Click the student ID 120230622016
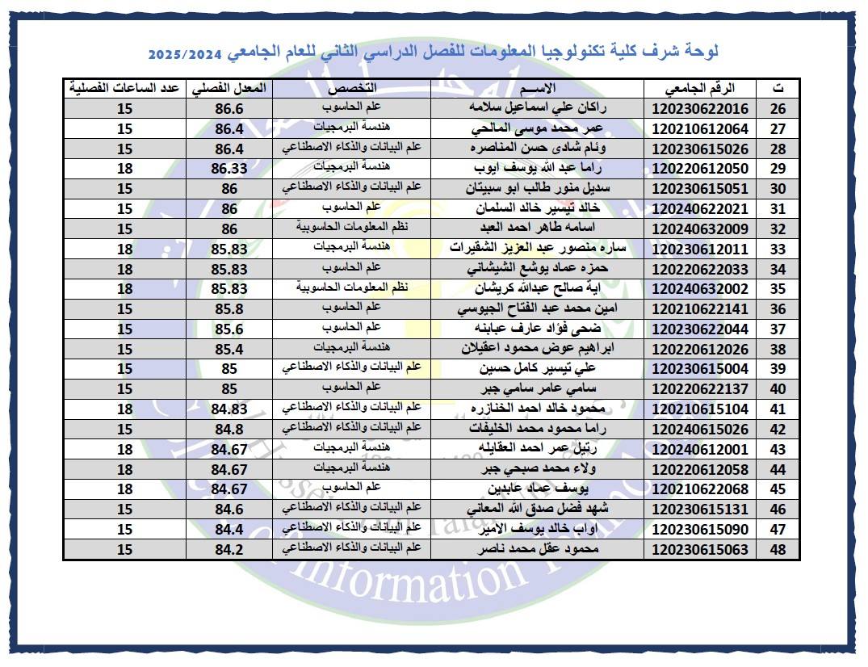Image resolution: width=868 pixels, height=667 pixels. tap(700, 109)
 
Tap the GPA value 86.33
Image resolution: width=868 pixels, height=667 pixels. tap(229, 168)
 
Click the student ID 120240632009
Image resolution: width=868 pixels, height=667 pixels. tap(700, 229)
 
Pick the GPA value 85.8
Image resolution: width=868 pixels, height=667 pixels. tap(229, 308)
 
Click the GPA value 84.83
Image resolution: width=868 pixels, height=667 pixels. tap(229, 409)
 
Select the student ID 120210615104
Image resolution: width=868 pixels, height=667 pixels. tap(700, 409)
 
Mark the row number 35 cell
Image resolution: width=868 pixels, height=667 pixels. tap(778, 288)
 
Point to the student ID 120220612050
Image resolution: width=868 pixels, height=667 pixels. tap(700, 168)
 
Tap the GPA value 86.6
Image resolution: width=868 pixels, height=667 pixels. tap(229, 109)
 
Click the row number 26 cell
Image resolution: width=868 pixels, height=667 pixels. tap(778, 109)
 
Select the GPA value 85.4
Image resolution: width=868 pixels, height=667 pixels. tap(229, 349)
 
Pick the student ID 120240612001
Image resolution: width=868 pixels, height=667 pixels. tap(700, 449)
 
